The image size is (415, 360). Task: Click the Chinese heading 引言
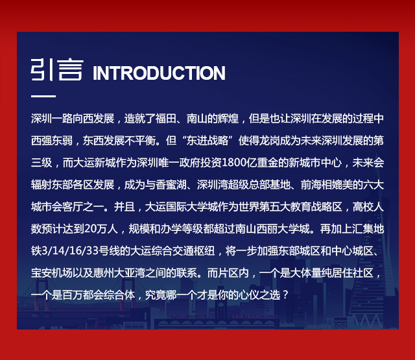(x=57, y=69)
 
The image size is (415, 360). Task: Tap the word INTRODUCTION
(x=159, y=73)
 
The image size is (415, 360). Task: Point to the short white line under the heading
(x=43, y=96)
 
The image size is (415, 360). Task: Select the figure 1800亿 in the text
(x=239, y=163)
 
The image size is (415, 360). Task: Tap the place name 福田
(x=166, y=119)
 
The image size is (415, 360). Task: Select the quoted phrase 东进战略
(x=207, y=141)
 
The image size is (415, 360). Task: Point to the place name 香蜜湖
(x=171, y=185)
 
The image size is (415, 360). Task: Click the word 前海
(x=311, y=185)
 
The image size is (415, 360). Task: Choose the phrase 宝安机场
(x=52, y=273)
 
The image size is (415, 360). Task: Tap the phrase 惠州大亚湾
(x=119, y=273)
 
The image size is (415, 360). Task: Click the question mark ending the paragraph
(x=285, y=295)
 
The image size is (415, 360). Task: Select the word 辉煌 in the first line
(x=228, y=119)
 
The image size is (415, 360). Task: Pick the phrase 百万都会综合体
(x=99, y=295)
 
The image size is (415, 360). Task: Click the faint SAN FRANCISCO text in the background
(x=254, y=317)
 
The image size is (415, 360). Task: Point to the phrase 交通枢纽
(x=194, y=251)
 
